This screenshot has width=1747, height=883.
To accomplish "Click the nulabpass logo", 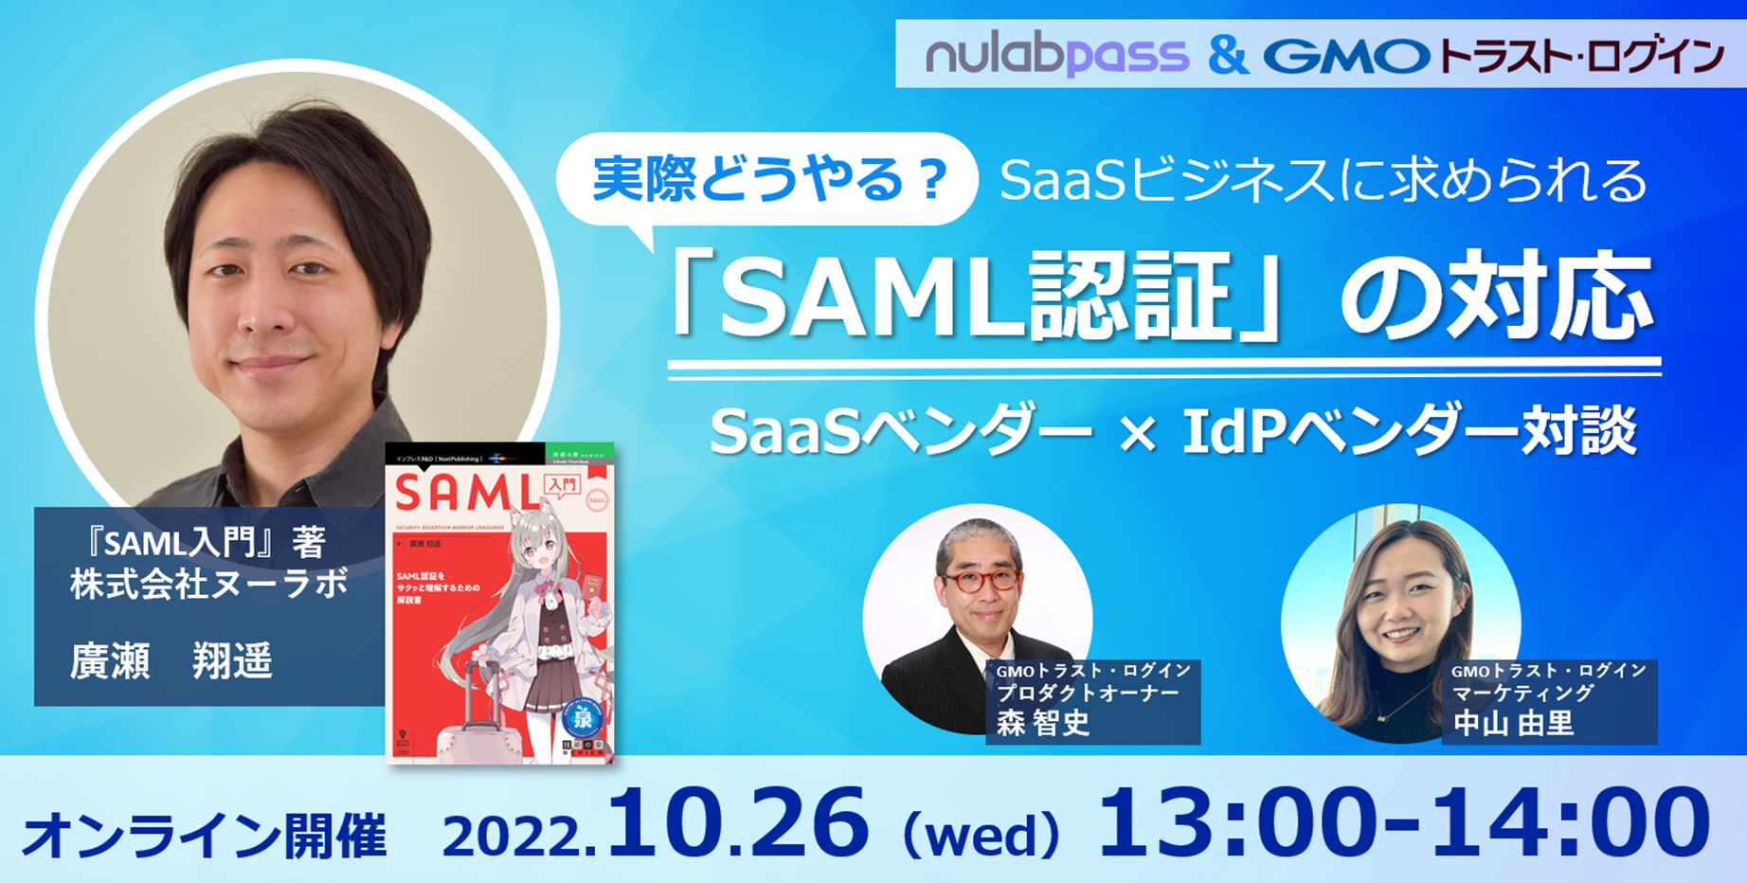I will pyautogui.click(x=1056, y=56).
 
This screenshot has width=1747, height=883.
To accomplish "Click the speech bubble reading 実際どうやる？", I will pyautogui.click(x=767, y=179).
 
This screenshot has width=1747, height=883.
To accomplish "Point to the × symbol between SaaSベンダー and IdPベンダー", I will pyautogui.click(x=1137, y=433).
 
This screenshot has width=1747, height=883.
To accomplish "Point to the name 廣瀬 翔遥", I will pyautogui.click(x=171, y=661).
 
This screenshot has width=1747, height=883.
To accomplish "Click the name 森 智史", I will pyautogui.click(x=1043, y=724).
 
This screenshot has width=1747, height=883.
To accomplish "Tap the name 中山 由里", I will pyautogui.click(x=1513, y=724).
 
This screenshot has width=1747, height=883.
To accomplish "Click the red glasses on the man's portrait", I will pyautogui.click(x=980, y=580).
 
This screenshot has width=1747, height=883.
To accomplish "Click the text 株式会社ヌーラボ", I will pyautogui.click(x=208, y=584).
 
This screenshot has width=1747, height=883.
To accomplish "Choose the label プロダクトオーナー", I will pyautogui.click(x=1088, y=694).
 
